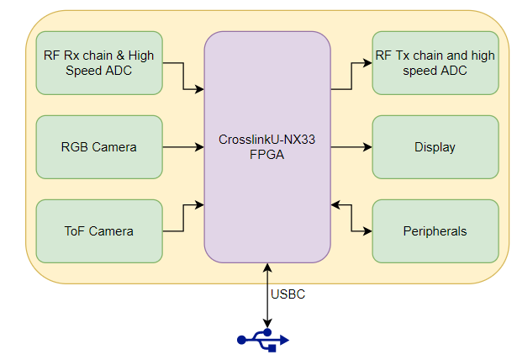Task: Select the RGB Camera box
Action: (99, 147)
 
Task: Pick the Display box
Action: (435, 147)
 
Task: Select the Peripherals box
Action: (435, 230)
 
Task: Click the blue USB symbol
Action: (262, 339)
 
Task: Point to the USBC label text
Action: (288, 294)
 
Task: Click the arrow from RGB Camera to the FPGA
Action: (182, 147)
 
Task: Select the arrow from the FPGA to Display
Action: (351, 147)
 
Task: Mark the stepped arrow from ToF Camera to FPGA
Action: (183, 217)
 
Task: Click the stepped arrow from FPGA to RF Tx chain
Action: (352, 76)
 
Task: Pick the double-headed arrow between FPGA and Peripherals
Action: (352, 217)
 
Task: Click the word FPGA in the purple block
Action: (267, 156)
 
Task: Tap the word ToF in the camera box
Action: (76, 231)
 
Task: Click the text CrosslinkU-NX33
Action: (267, 140)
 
